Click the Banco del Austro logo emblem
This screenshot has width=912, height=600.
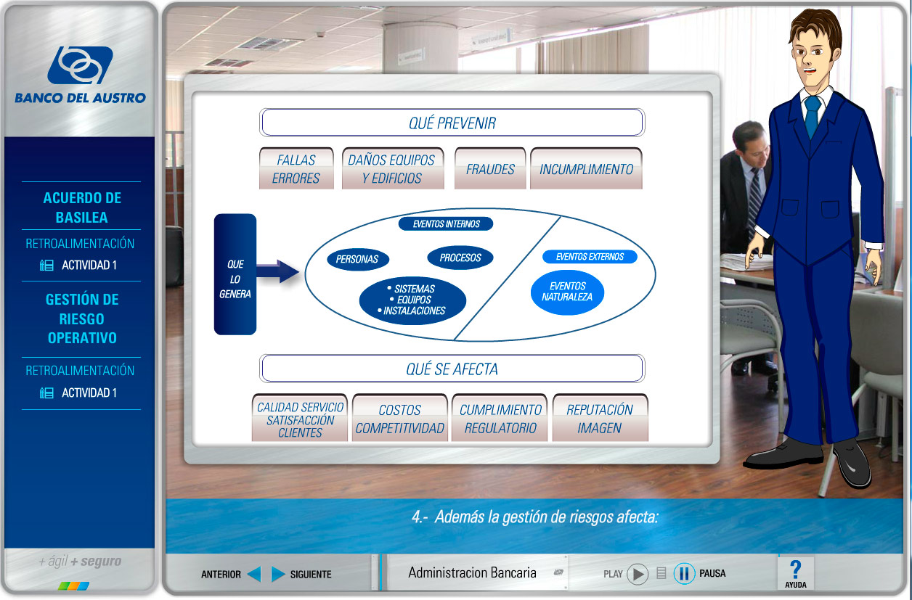80,65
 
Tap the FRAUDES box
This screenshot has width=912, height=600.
490,168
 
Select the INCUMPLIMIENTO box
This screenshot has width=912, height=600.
586,168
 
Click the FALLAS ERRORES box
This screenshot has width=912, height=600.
296,168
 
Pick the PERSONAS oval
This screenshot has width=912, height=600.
357,259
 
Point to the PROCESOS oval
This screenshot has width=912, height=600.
460,258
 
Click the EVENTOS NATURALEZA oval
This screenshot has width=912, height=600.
567,292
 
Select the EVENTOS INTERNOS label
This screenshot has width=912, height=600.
446,223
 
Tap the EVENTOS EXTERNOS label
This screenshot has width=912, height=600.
590,257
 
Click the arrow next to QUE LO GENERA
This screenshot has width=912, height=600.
277,271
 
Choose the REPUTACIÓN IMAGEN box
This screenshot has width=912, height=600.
600,418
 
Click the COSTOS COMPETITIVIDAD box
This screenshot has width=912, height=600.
400,418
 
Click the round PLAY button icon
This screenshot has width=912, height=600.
638,574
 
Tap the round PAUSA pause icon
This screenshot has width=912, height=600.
684,574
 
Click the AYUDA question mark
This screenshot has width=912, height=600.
796,570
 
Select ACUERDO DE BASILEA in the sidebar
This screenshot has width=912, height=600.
82,207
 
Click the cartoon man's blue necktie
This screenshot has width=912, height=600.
813,117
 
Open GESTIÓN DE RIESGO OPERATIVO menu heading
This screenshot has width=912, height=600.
82,319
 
